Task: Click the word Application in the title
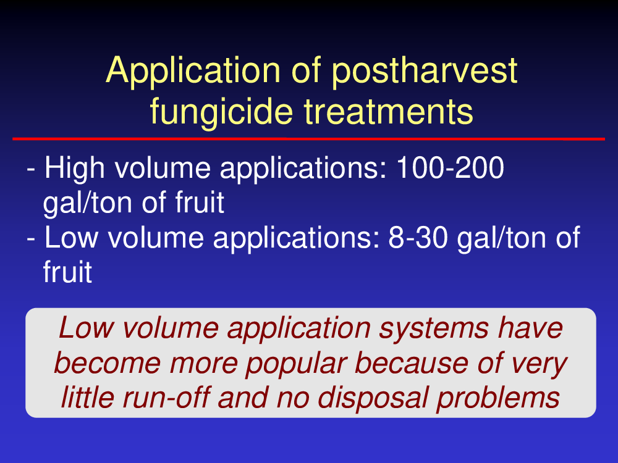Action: click(x=193, y=71)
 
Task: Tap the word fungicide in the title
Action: click(x=221, y=111)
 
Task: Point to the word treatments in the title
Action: click(x=388, y=112)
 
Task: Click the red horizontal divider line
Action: click(x=308, y=139)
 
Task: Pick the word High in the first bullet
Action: click(x=75, y=169)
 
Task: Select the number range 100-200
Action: click(x=450, y=168)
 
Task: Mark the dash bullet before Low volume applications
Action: click(x=31, y=240)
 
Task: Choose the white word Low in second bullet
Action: click(x=71, y=238)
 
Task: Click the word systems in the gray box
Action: click(x=433, y=329)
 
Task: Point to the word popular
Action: click(x=297, y=364)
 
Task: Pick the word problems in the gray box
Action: click(x=497, y=398)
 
